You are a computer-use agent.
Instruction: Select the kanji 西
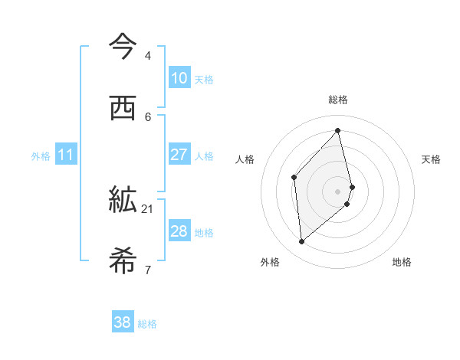[123, 108]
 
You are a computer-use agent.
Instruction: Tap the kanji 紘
[123, 201]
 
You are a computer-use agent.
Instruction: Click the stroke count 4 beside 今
[147, 56]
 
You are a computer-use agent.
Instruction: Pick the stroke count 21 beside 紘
[148, 208]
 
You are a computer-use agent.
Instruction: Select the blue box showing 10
[179, 78]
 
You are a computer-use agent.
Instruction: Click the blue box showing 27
[179, 155]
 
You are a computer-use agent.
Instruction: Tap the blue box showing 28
[179, 231]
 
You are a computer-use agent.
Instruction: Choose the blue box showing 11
[66, 155]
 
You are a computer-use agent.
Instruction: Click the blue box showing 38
[123, 322]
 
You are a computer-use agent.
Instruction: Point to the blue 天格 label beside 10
[204, 80]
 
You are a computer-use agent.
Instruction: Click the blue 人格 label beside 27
[204, 156]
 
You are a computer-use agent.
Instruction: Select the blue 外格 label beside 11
[41, 156]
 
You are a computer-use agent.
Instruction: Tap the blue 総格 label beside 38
[147, 324]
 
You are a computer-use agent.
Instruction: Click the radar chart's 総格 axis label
[338, 100]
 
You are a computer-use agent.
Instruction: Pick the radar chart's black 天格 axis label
[432, 159]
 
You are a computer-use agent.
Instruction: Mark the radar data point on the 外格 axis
[302, 242]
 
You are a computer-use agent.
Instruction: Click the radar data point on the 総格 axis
[338, 131]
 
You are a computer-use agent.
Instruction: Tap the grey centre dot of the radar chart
[338, 190]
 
